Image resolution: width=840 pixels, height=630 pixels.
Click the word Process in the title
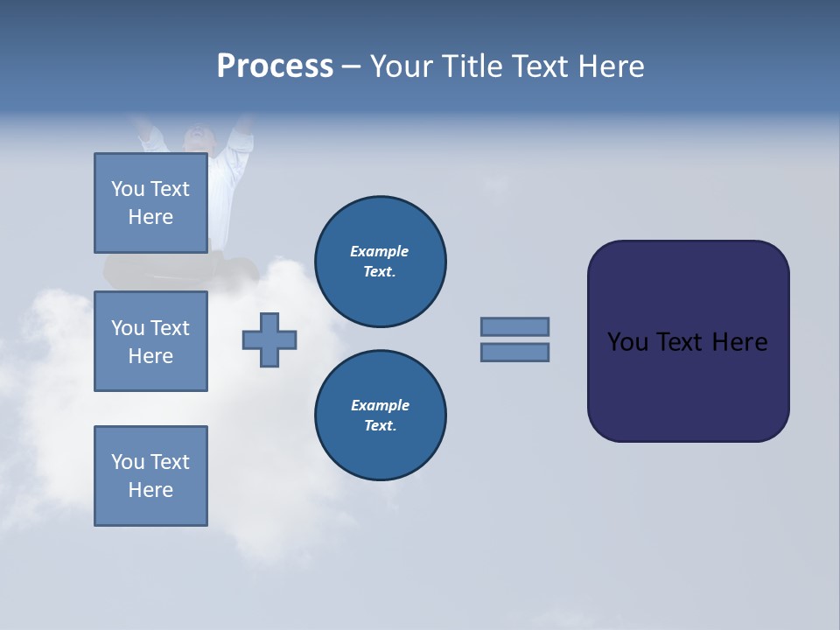coord(275,66)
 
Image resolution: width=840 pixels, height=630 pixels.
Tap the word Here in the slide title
coord(610,66)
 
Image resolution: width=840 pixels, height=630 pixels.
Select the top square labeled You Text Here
coord(150,203)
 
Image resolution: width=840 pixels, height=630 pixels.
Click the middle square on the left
coord(150,341)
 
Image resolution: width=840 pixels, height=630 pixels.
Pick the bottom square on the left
coord(150,476)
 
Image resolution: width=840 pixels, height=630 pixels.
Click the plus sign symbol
coord(269,339)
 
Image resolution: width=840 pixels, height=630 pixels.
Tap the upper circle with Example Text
coord(380,262)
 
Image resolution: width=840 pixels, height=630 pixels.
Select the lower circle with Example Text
coord(380,416)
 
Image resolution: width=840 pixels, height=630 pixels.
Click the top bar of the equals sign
coord(514,326)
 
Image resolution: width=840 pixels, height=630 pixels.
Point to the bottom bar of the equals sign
coord(514,353)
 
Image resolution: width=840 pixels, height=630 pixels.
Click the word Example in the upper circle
coord(380,251)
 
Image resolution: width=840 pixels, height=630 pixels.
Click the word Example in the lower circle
coord(380,405)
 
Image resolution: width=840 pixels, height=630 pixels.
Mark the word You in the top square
coord(128,189)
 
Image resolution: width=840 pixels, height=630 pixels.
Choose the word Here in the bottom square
coord(150,490)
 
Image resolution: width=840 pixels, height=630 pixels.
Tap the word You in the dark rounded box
coord(627,342)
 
